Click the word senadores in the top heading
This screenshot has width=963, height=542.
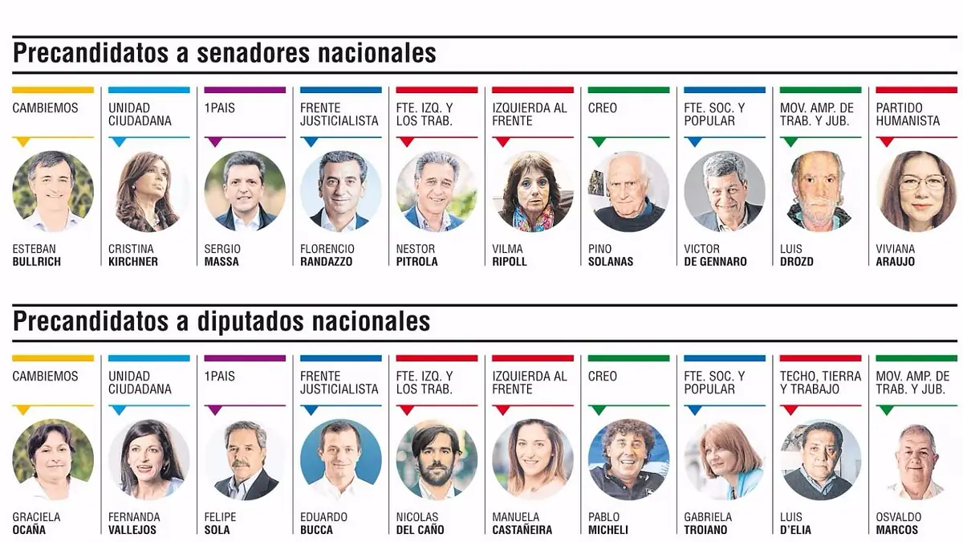pos(254,53)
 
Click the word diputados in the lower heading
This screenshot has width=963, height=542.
pos(250,322)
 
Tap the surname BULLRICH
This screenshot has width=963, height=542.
pos(37,262)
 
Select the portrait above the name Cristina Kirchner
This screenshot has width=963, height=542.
pos(148,191)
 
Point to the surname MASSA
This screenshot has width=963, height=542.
pos(221,262)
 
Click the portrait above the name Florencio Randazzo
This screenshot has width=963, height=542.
pos(341,191)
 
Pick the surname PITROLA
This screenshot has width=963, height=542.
pos(417,262)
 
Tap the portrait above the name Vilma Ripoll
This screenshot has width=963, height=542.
pos(533,191)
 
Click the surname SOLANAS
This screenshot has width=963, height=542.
pos(611,262)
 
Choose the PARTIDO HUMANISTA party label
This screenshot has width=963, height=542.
pos(908,114)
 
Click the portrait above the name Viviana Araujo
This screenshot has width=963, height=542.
pos(916,191)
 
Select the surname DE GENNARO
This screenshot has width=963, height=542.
pos(715,262)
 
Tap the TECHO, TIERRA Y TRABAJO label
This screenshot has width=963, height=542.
pos(821,382)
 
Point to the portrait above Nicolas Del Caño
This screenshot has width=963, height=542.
pos(437,459)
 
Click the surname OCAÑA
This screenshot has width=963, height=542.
pos(29,530)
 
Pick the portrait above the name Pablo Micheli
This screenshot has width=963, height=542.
pos(628,459)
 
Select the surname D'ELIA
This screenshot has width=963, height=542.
pos(795,530)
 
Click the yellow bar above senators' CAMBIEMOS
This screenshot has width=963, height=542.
pos(53,90)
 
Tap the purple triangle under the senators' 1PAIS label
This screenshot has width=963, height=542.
pos(214,142)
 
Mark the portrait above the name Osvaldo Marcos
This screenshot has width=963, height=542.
pos(916,459)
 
